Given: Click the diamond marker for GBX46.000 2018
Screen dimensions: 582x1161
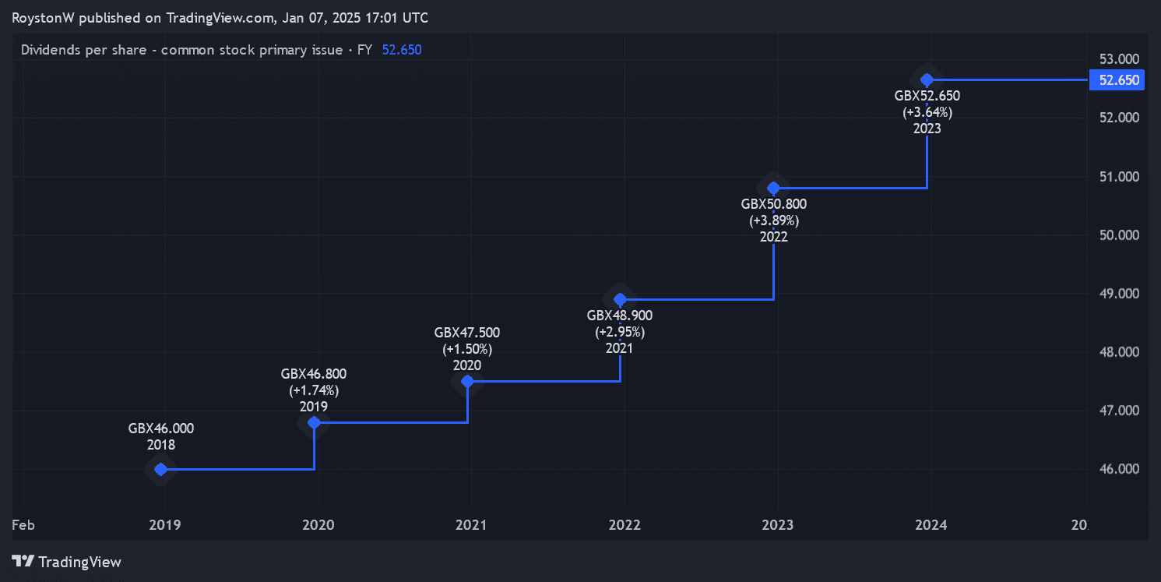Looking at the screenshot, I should pyautogui.click(x=160, y=469).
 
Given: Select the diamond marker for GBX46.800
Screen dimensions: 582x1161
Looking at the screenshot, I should pyautogui.click(x=314, y=422).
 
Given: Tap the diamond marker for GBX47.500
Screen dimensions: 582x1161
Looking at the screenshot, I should pyautogui.click(x=467, y=381).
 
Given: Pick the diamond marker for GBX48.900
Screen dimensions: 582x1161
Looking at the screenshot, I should pyautogui.click(x=620, y=299).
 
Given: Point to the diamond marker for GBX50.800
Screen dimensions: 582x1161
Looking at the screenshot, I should pyautogui.click(x=773, y=188).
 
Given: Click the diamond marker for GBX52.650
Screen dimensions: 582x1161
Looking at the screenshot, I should pyautogui.click(x=927, y=79).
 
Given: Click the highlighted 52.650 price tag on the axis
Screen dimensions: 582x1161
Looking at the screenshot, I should pyautogui.click(x=1117, y=80).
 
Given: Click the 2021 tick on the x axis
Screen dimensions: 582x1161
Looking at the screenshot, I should pyautogui.click(x=471, y=525).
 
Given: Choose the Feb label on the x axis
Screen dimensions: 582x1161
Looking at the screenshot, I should pyautogui.click(x=23, y=525).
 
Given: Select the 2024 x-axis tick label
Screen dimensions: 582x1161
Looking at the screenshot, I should pyautogui.click(x=931, y=525).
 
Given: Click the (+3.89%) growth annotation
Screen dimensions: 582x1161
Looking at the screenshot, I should pyautogui.click(x=774, y=220).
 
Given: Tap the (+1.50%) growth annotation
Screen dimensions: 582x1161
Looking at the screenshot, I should pyautogui.click(x=467, y=349).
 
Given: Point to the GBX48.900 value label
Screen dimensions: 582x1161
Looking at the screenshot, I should pyautogui.click(x=620, y=316).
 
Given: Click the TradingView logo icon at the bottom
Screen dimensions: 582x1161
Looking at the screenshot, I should pyautogui.click(x=24, y=561).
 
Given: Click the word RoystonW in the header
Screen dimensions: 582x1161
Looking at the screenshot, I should pyautogui.click(x=43, y=18).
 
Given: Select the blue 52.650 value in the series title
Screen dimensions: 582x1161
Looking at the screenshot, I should pyautogui.click(x=402, y=50).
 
